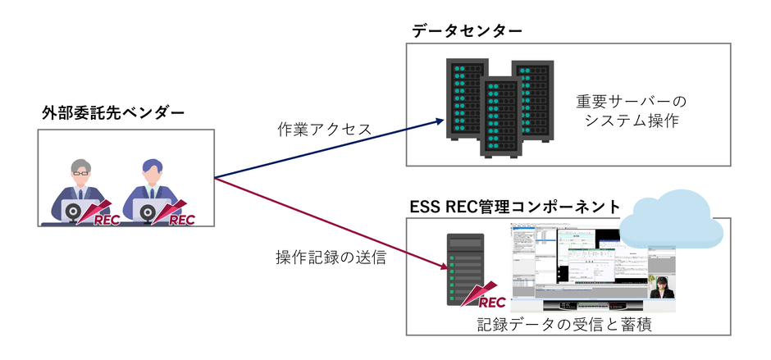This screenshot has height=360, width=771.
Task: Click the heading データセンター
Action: [467, 30]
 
